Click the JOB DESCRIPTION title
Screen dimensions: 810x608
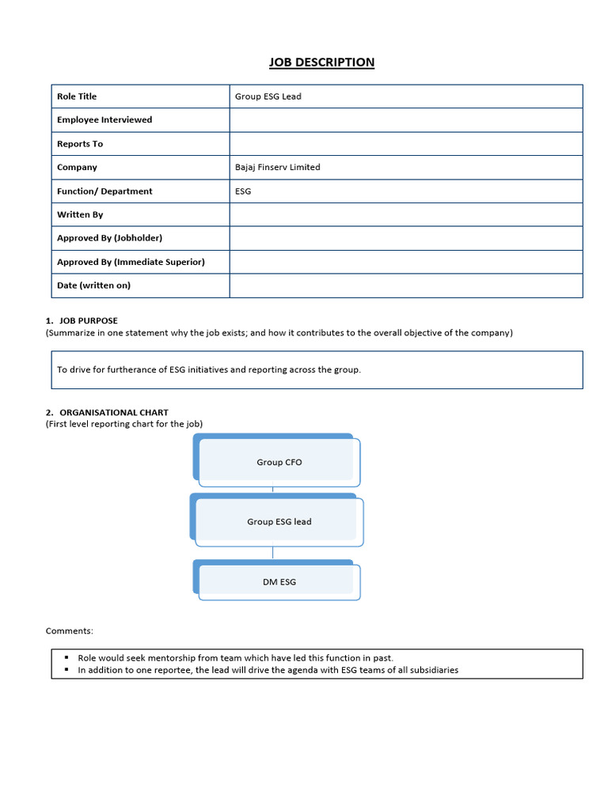click(321, 62)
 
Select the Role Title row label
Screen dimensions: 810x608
click(77, 97)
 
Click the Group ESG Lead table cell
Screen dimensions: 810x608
click(268, 97)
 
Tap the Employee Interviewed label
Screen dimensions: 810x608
click(104, 120)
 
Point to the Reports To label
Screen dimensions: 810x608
click(80, 144)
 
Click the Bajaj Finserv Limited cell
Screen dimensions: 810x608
click(278, 168)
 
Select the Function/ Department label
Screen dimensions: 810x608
click(104, 191)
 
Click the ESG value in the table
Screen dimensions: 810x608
click(243, 191)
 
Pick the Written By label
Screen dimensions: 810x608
click(80, 214)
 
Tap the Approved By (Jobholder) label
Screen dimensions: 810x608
click(109, 238)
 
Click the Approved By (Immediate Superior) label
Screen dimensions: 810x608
click(131, 262)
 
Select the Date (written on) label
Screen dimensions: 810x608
click(93, 286)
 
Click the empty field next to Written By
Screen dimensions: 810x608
click(405, 214)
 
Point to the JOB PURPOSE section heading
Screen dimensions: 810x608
click(88, 320)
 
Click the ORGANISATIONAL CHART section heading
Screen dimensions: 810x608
click(113, 412)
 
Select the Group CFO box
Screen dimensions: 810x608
click(279, 462)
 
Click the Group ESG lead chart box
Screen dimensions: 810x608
click(279, 522)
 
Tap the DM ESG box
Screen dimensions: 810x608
click(279, 582)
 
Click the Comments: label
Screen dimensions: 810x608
click(70, 631)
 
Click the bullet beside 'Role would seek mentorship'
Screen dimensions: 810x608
click(67, 657)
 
